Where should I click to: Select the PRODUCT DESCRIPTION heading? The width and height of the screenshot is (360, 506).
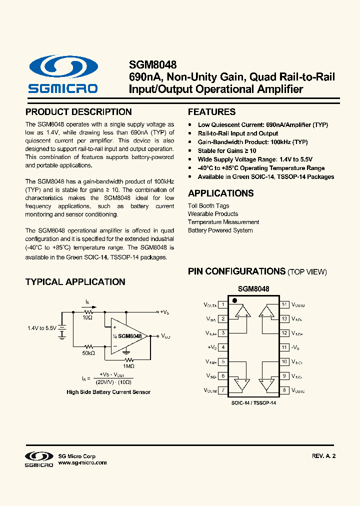[78, 112]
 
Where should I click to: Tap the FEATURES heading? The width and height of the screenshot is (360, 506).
[211, 112]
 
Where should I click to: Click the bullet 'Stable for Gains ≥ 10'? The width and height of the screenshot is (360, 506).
[227, 150]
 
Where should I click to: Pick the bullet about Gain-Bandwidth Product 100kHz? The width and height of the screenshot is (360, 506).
[252, 142]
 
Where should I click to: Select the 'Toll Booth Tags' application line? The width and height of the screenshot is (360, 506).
[208, 205]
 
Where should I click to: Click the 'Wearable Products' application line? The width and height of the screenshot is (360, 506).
[212, 214]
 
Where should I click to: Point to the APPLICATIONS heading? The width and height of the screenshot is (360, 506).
[220, 193]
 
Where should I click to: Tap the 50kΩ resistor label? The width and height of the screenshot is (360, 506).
[88, 353]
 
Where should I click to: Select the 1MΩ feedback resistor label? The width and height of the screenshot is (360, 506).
[129, 366]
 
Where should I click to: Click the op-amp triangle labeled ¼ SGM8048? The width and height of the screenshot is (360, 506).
[128, 336]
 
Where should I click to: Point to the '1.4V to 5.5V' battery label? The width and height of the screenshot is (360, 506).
[42, 328]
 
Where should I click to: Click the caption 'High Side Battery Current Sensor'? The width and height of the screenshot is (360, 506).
[108, 392]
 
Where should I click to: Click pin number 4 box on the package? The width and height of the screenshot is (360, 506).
[222, 347]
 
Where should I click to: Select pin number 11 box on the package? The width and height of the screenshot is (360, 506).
[284, 347]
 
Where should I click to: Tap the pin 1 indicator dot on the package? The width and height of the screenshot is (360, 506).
[234, 300]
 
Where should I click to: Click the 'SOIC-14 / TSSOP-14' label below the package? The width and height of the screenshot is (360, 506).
[253, 402]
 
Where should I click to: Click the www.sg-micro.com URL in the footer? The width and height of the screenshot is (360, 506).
[82, 463]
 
